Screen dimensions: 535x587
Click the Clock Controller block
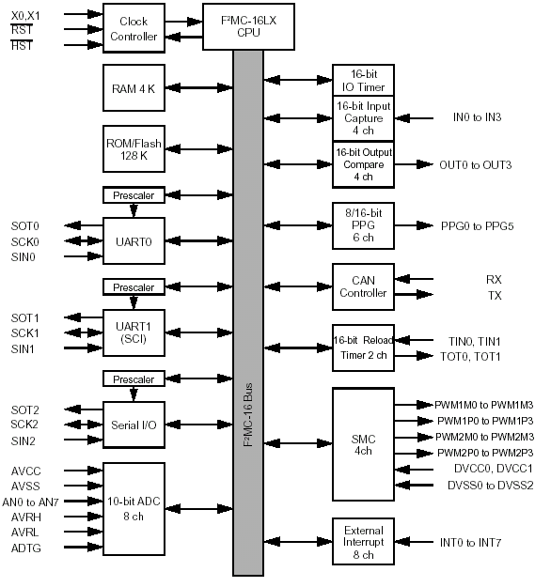coord(134,28)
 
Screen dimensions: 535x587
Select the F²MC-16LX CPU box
coord(248,26)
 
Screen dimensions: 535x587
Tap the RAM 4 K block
coord(134,88)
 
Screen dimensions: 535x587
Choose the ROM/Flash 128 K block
coord(134,149)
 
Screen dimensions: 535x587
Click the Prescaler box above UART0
coord(134,195)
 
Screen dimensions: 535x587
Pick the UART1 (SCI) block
coord(134,332)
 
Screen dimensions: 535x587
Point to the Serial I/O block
coord(134,425)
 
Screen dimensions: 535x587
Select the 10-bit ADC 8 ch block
coord(134,509)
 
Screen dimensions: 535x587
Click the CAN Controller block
coord(363,286)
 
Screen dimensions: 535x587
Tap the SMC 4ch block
coord(363,444)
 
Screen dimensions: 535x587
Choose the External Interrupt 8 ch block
coord(363,541)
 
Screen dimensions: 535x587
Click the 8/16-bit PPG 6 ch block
coord(363,225)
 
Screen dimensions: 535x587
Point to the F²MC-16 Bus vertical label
coord(248,414)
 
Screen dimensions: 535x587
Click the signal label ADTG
coord(25,548)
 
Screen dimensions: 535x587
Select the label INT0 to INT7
coord(470,543)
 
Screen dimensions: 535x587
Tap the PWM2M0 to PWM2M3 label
coord(484,437)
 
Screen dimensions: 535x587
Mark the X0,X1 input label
coord(25,16)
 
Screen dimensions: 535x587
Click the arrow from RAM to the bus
coord(199,88)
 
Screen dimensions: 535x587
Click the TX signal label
coord(495,296)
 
